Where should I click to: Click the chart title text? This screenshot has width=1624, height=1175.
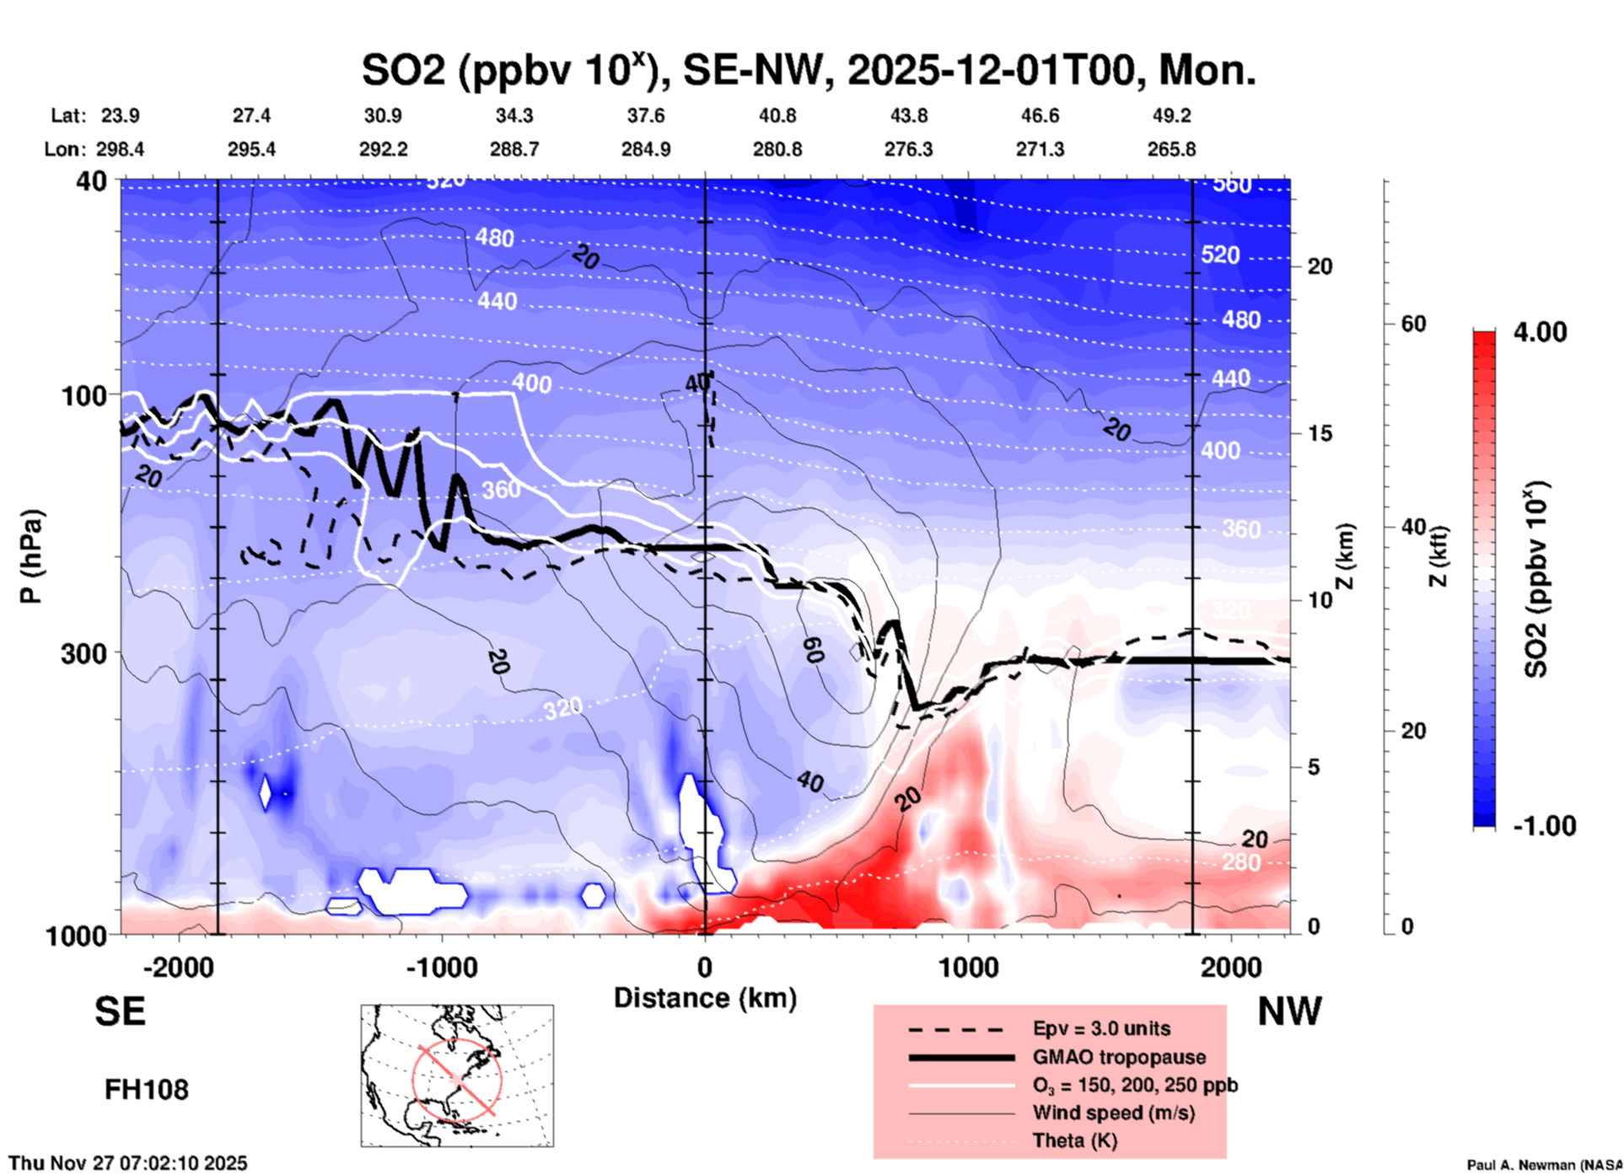pyautogui.click(x=808, y=71)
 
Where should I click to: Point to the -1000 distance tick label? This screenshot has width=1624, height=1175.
pyautogui.click(x=442, y=967)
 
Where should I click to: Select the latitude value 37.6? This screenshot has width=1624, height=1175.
pyautogui.click(x=645, y=115)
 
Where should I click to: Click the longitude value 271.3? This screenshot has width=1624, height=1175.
pyautogui.click(x=1040, y=149)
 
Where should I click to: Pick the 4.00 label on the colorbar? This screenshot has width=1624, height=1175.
pyautogui.click(x=1540, y=332)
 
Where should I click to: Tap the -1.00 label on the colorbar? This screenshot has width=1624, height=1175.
pyautogui.click(x=1544, y=826)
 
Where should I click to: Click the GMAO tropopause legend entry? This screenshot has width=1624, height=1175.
pyautogui.click(x=1119, y=1057)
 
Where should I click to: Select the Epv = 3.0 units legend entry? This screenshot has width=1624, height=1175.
pyautogui.click(x=1101, y=1028)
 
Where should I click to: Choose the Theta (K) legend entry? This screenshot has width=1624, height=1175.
pyautogui.click(x=1074, y=1140)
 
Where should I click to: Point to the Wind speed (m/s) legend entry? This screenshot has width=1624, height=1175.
pyautogui.click(x=1113, y=1113)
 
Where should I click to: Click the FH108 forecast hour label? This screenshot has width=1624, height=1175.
pyautogui.click(x=147, y=1090)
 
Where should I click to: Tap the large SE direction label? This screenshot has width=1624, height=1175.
pyautogui.click(x=120, y=1011)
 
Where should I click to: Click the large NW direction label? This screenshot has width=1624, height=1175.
pyautogui.click(x=1289, y=1011)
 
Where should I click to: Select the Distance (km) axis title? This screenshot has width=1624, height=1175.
pyautogui.click(x=705, y=998)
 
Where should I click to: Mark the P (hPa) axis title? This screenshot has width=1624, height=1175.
pyautogui.click(x=31, y=556)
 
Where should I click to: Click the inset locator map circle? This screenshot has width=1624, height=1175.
pyautogui.click(x=457, y=1079)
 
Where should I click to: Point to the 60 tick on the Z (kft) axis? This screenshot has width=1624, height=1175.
pyautogui.click(x=1414, y=324)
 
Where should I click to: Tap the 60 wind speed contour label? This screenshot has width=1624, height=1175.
pyautogui.click(x=813, y=650)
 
